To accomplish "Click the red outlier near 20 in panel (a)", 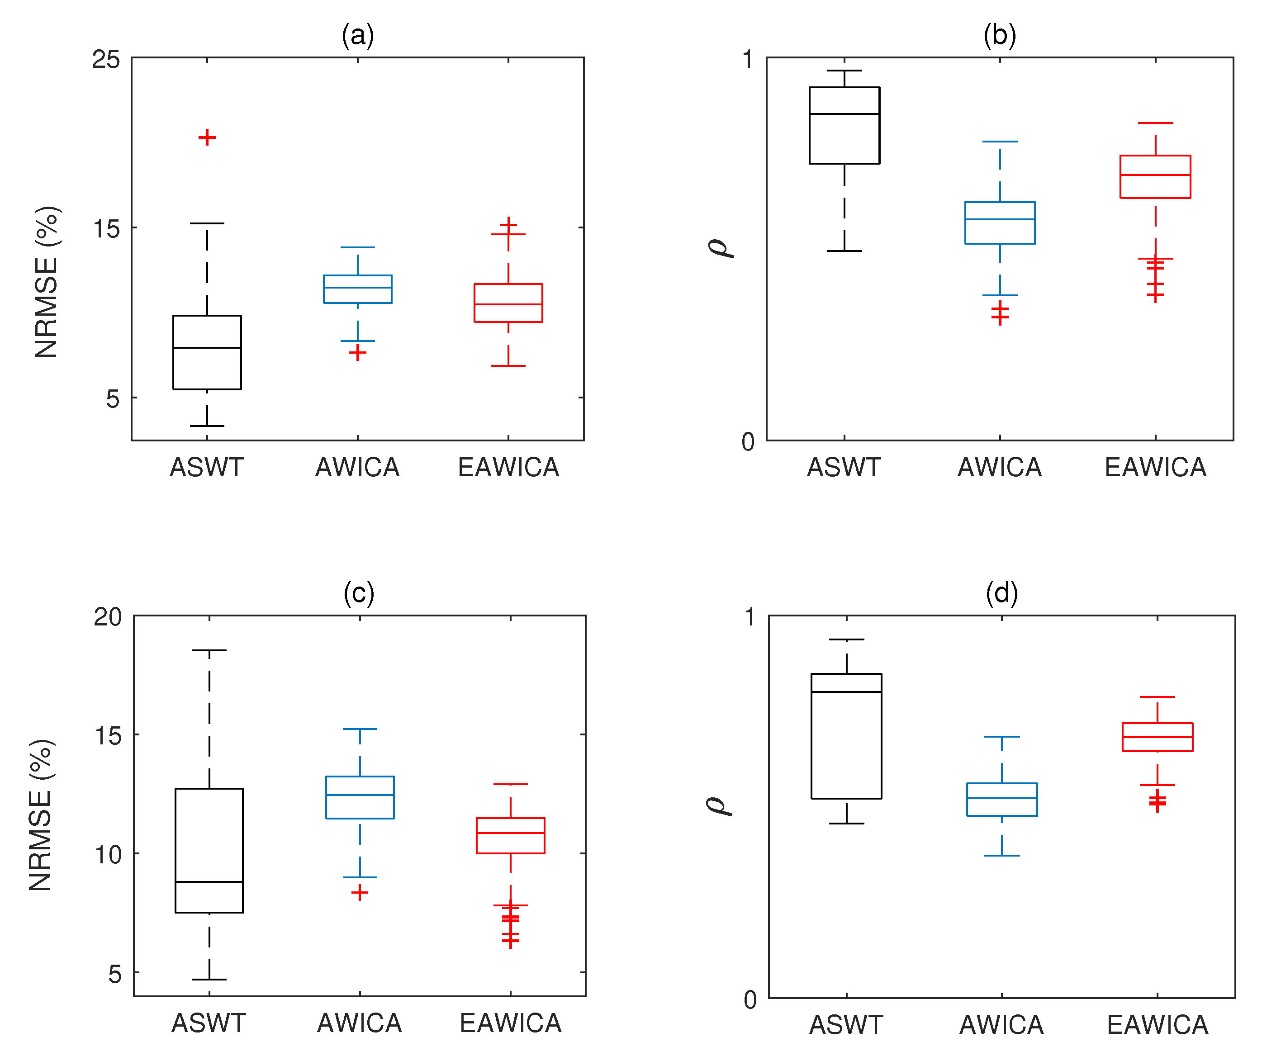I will (207, 137).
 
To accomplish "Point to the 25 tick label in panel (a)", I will (106, 59).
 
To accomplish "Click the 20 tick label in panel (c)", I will (108, 617).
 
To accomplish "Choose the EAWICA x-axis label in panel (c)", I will (510, 1023).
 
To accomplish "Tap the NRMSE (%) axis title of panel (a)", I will (47, 282).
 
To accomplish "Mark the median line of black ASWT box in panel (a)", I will (207, 348).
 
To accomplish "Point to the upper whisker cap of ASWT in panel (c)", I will (209, 650).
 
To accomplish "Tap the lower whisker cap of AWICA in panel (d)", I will (1002, 855).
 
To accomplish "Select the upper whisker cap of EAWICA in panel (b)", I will (1155, 123).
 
